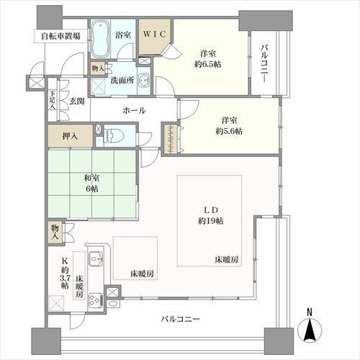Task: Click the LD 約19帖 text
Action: click(212, 215)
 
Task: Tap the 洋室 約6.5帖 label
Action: click(210, 57)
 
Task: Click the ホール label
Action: click(134, 110)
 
